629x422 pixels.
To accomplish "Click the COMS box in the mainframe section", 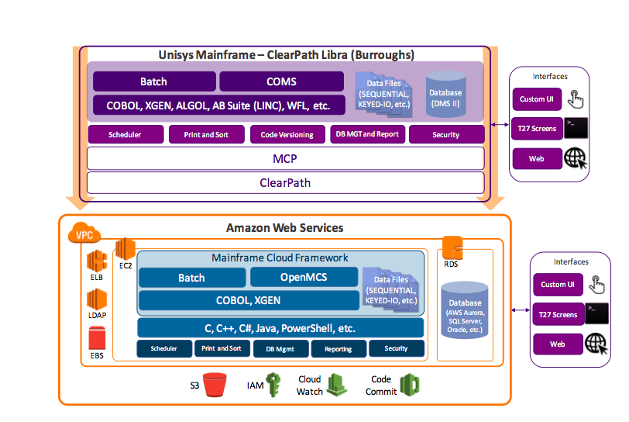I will [x=282, y=81].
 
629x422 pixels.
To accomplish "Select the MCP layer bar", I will [x=285, y=158].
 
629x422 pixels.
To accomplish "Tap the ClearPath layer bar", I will [x=285, y=182].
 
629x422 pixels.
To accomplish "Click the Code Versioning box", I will [x=287, y=134].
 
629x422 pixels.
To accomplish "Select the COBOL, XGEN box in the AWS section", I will [x=248, y=300].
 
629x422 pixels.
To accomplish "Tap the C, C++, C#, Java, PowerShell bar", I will [x=280, y=327].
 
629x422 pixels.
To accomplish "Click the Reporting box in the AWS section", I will [x=339, y=349].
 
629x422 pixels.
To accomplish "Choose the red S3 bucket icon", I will [x=215, y=384].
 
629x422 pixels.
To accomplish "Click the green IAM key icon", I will [x=274, y=385].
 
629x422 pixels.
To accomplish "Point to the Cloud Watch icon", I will [x=336, y=385].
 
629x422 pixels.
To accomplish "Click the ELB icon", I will [x=96, y=261].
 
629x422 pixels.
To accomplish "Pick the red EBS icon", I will [x=97, y=337].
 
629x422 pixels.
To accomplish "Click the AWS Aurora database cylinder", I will [x=465, y=311].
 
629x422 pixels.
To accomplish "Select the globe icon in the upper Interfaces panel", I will [x=576, y=159].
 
